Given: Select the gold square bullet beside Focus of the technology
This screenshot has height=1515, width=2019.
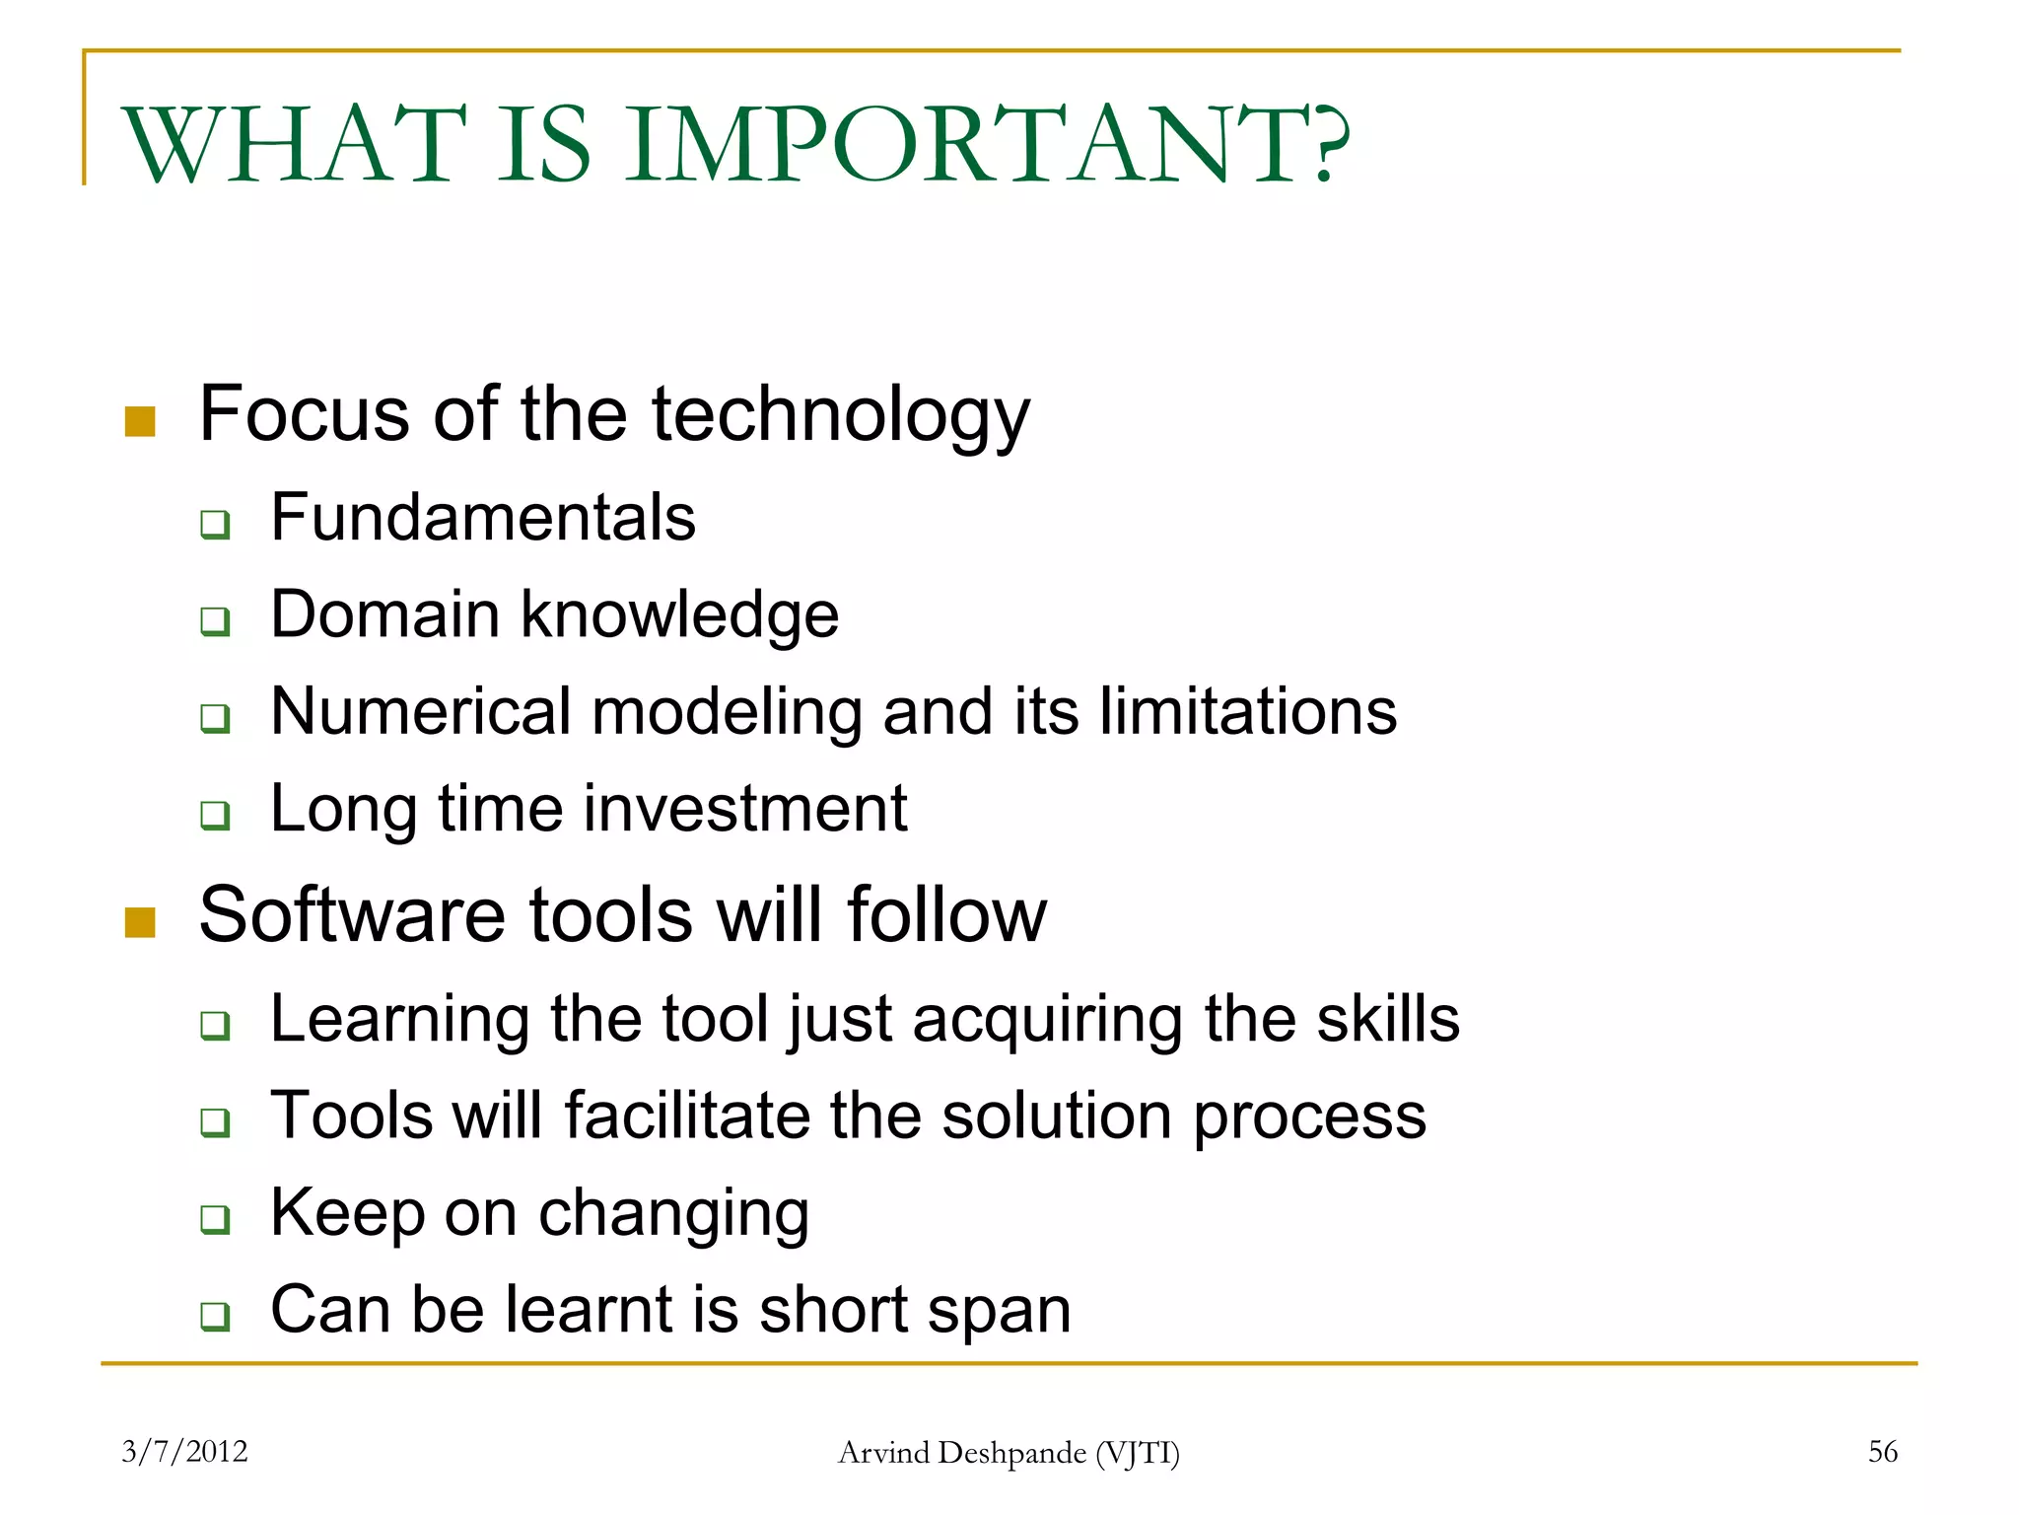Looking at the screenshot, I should tap(140, 421).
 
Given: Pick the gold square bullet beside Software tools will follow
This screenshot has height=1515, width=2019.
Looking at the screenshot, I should tap(140, 922).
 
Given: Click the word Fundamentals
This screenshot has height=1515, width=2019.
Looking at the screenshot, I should tap(483, 518).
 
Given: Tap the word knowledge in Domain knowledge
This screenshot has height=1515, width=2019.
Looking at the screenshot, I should tap(679, 616).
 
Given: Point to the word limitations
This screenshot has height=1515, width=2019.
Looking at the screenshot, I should tap(1247, 711).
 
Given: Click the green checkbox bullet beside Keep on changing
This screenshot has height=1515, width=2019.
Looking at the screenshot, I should tap(215, 1220).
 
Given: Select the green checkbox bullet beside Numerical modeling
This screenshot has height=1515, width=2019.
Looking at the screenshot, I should tap(215, 718).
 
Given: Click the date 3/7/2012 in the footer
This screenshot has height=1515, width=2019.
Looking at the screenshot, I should tap(184, 1451).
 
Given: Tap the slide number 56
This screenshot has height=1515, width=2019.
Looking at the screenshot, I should tap(1882, 1451).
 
